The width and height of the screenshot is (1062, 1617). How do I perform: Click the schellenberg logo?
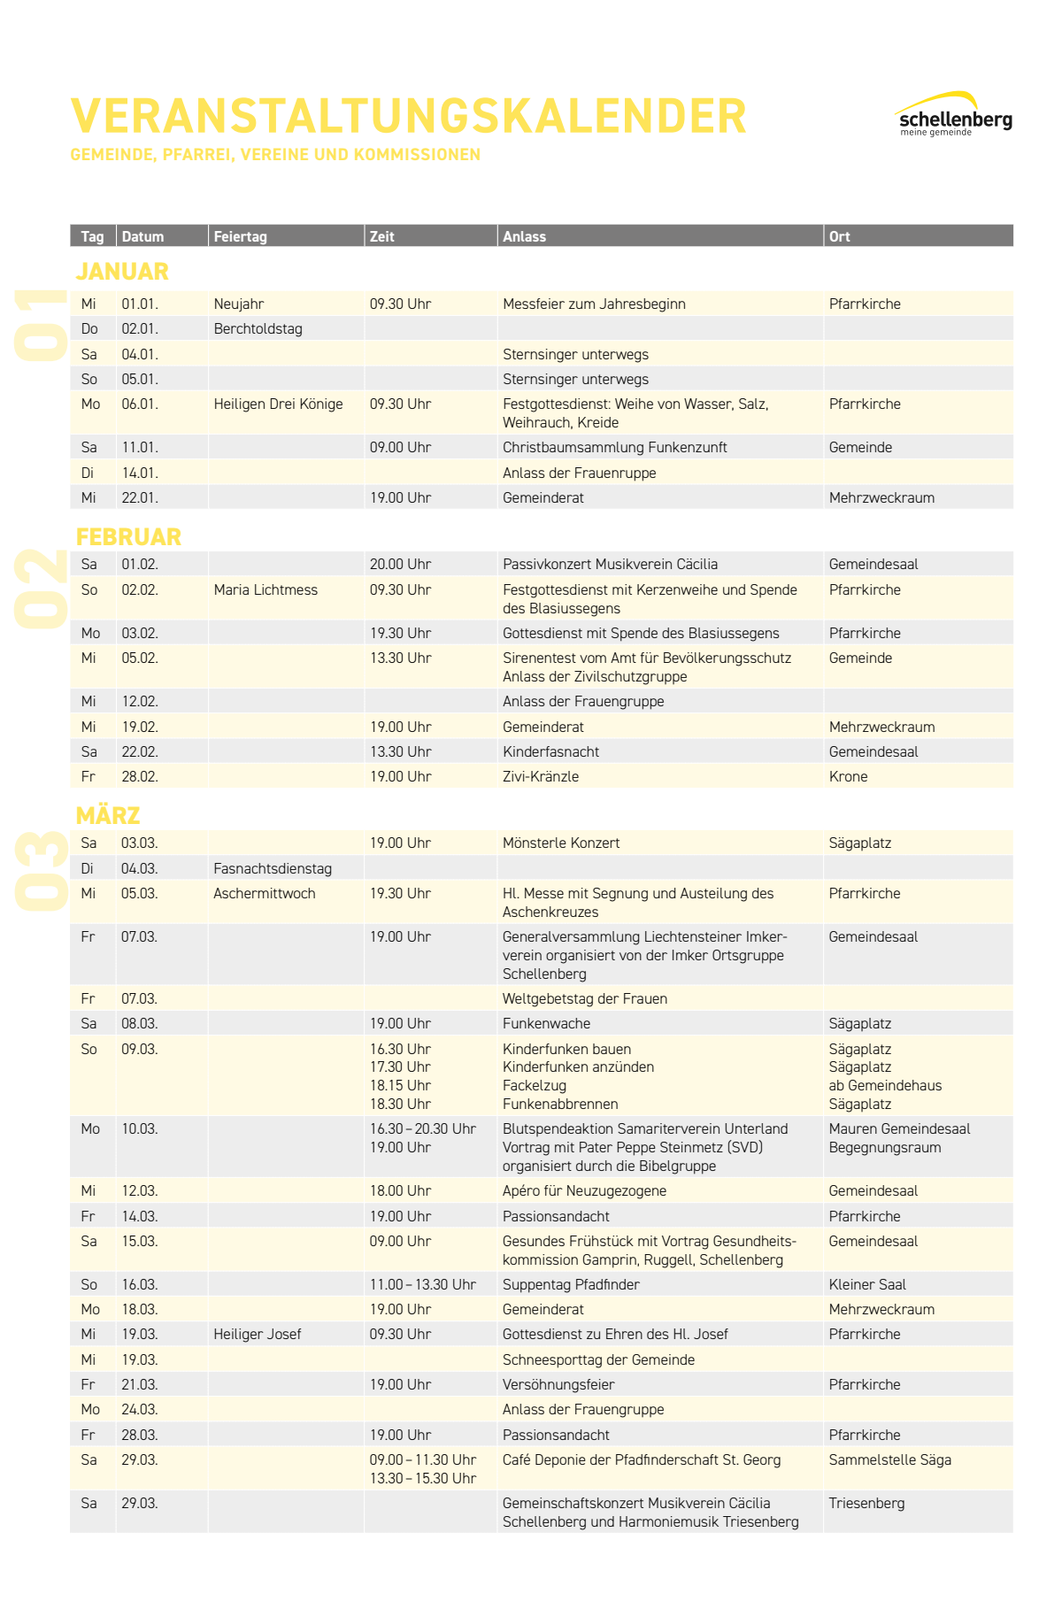(x=954, y=116)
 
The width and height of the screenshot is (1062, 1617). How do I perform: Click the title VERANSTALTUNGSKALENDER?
(x=408, y=116)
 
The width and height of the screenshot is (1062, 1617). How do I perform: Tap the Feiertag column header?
(x=240, y=236)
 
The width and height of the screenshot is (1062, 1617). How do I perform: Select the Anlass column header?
(x=524, y=236)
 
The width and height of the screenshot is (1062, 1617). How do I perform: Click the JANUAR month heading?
(x=122, y=271)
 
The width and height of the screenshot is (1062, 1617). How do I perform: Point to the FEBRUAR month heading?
(x=128, y=536)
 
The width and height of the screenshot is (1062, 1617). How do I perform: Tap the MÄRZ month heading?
(x=108, y=815)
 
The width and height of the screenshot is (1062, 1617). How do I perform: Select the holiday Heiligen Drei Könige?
(x=278, y=404)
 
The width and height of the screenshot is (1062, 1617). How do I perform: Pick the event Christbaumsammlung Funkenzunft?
(x=614, y=447)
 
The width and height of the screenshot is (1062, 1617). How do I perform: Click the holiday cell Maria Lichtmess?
(x=265, y=589)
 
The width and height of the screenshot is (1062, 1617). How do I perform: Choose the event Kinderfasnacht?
(x=550, y=751)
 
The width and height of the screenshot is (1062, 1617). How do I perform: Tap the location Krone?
(x=848, y=776)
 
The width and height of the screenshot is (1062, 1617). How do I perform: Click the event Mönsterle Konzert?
(x=561, y=843)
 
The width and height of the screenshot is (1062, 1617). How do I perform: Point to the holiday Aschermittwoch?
(x=264, y=893)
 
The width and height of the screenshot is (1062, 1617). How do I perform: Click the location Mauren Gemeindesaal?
(x=899, y=1128)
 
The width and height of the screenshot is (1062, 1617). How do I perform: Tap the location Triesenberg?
(x=866, y=1503)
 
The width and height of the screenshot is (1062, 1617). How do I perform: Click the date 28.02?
(x=140, y=776)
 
